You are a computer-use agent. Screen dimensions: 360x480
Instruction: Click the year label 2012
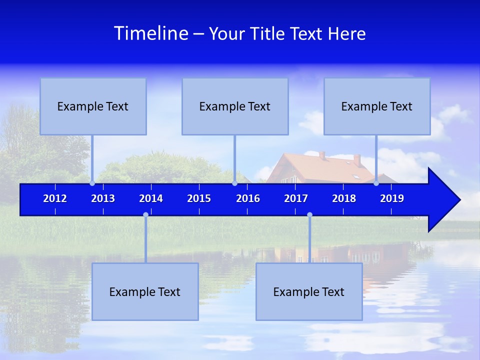[x=55, y=198]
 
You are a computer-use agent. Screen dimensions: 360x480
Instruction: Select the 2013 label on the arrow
[x=103, y=198]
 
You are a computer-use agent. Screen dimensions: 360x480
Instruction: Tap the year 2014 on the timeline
[x=151, y=198]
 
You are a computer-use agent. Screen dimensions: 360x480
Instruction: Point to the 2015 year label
[x=199, y=198]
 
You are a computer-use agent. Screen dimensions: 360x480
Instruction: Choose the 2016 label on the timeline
[x=248, y=198]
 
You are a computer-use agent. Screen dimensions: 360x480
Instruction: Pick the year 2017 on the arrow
[x=296, y=198]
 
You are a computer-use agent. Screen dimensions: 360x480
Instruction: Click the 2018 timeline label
[x=344, y=198]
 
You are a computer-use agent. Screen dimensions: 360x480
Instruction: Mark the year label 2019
[x=392, y=198]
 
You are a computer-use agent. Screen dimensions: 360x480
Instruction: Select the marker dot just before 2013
[x=92, y=183]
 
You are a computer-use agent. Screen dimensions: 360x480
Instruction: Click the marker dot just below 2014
[x=145, y=215]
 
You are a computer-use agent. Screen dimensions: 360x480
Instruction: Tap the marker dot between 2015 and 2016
[x=234, y=183]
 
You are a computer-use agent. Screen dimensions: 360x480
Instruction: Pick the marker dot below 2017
[x=309, y=215]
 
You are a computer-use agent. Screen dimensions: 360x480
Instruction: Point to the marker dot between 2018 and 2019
[x=376, y=183]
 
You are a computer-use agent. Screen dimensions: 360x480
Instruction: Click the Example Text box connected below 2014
[x=145, y=291]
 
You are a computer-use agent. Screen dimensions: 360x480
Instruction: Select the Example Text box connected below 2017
[x=309, y=291]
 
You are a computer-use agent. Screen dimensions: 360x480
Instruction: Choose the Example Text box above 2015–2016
[x=235, y=106]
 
